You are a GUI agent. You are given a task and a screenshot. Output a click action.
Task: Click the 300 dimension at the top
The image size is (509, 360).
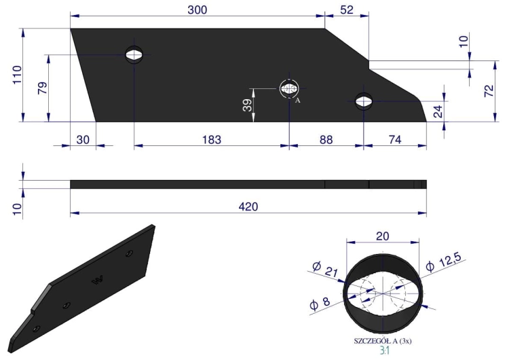(197, 10)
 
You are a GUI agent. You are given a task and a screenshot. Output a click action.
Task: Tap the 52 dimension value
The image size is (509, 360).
(347, 10)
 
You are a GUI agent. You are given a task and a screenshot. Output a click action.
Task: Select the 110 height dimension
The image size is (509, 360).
(17, 75)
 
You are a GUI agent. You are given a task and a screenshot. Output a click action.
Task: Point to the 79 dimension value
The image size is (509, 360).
(43, 88)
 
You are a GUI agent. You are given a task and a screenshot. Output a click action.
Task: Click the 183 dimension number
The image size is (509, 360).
(211, 140)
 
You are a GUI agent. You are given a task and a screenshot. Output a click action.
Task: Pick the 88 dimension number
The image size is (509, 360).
(326, 140)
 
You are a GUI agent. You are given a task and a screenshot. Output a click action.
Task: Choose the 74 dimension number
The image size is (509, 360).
(395, 140)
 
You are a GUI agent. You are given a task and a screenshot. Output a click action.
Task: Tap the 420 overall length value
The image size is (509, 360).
(248, 206)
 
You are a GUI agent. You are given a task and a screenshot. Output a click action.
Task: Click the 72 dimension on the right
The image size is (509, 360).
(489, 90)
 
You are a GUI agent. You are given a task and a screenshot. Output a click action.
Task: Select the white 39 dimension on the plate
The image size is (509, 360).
(247, 105)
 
